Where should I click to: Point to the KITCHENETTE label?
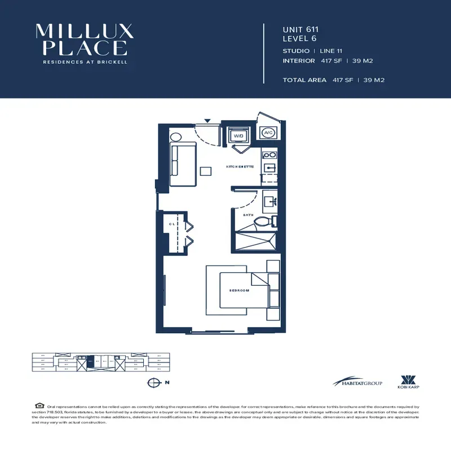pyautogui.click(x=240, y=167)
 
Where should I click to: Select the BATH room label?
pyautogui.click(x=248, y=215)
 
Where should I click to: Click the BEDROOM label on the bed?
pyautogui.click(x=239, y=290)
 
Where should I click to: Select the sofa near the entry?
pyautogui.click(x=183, y=165)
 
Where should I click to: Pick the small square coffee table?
pyautogui.click(x=206, y=171)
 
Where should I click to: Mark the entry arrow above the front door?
pyautogui.click(x=207, y=120)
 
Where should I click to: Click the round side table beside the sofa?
pyautogui.click(x=175, y=136)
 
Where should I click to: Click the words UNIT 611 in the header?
pyautogui.click(x=300, y=29)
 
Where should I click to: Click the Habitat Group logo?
pyautogui.click(x=357, y=383)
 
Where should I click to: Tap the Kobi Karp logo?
pyautogui.click(x=408, y=382)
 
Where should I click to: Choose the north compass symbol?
pyautogui.click(x=152, y=382)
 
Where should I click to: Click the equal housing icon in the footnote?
pyautogui.click(x=39, y=405)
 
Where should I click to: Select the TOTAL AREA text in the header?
pyautogui.click(x=304, y=80)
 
